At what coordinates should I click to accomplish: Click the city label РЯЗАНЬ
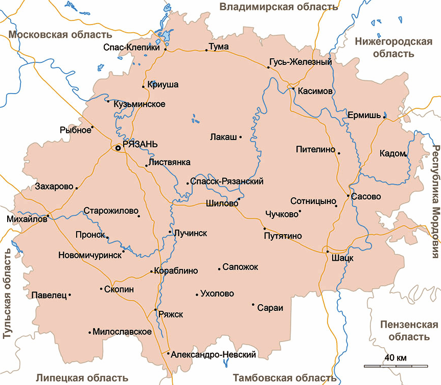[x=141, y=144]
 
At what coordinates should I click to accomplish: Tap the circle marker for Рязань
[x=118, y=148]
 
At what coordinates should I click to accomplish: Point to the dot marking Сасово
[x=348, y=196]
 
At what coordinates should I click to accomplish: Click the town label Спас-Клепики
[x=132, y=47]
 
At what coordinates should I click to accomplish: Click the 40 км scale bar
[x=396, y=366]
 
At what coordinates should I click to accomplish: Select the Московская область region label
[x=61, y=35]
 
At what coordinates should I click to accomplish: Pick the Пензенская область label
[x=409, y=331]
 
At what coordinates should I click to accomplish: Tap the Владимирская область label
[x=278, y=7]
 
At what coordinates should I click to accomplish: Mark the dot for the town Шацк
[x=328, y=251]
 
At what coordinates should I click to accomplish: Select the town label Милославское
[x=123, y=332]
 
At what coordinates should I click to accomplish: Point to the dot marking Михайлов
[x=49, y=216]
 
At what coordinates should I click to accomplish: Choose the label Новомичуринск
[x=89, y=255]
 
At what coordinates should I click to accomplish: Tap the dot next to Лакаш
[x=240, y=137]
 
